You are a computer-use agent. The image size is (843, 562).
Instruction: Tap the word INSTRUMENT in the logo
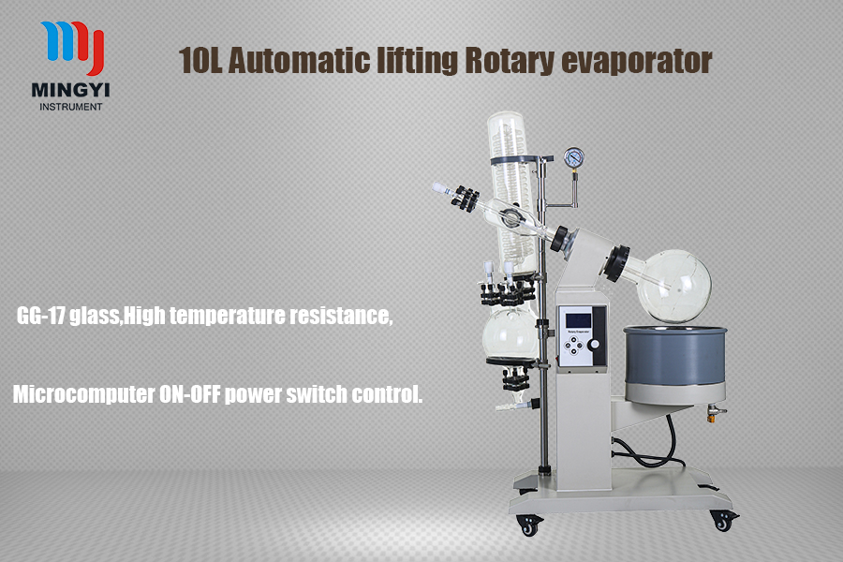pos(71,107)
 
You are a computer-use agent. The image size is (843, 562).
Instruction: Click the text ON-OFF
pos(185,394)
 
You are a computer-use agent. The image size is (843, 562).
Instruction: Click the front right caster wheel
pos(719,518)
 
